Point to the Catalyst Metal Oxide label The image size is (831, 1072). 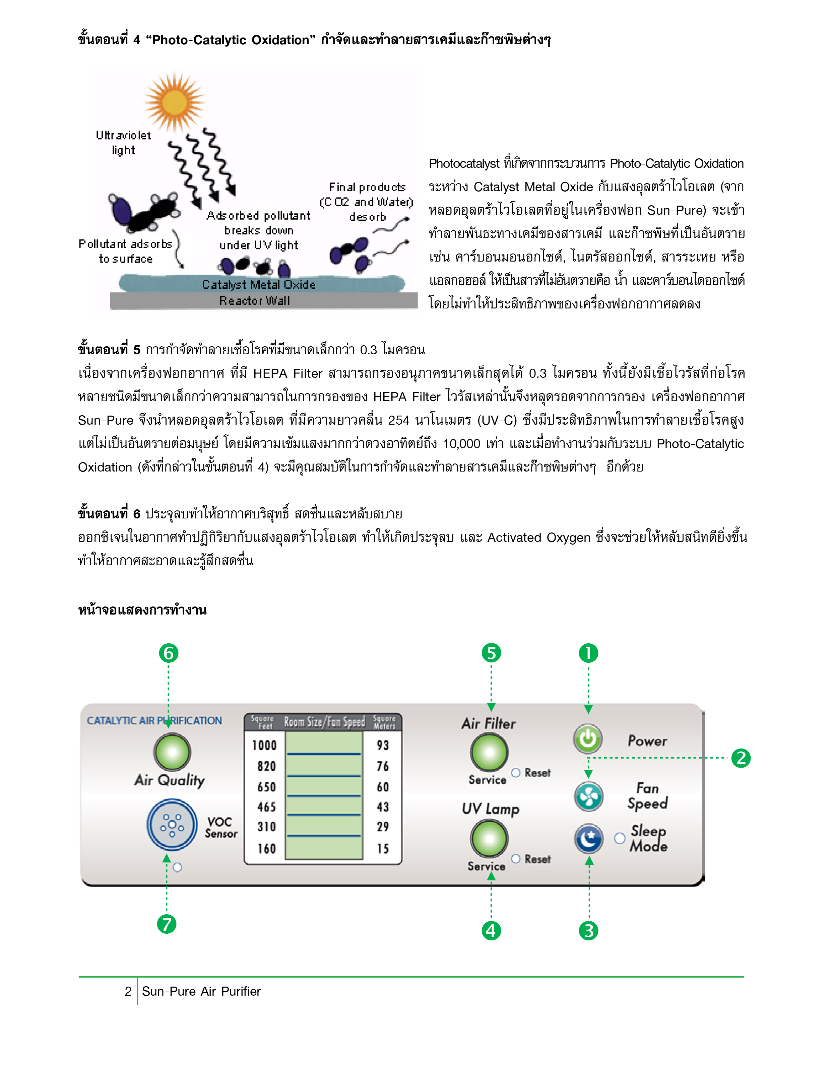pos(259,285)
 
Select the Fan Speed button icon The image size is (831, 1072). pos(588,796)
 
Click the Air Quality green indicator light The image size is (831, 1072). pos(172,752)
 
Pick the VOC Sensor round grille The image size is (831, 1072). pos(172,825)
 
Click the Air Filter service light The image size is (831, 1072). pos(490,752)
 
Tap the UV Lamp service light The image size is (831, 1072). pos(490,838)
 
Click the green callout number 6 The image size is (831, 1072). pos(169,653)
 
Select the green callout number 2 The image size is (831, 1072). pos(741,758)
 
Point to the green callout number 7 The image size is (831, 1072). pos(167,925)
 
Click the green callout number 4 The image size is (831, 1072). pos(491,931)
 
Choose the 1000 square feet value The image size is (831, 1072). pos(265,745)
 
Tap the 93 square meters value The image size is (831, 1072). pos(383,745)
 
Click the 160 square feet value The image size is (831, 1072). pos(267,849)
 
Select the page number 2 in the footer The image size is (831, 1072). pos(128,991)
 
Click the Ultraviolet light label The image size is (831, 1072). pos(123,142)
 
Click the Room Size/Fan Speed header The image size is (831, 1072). pos(324,722)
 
